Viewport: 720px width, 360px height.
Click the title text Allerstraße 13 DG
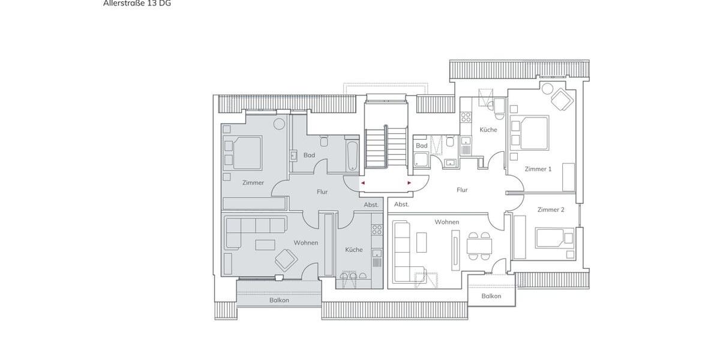coord(137,4)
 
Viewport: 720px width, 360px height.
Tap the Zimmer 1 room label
coord(538,169)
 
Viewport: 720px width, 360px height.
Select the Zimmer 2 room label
coord(550,209)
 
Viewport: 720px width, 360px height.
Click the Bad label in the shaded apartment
coord(309,155)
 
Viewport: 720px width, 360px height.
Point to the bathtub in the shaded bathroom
coord(352,155)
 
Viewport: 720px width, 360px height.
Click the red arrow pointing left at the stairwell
coord(362,182)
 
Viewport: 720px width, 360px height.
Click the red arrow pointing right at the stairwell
coord(409,182)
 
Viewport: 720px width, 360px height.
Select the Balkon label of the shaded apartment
coord(279,300)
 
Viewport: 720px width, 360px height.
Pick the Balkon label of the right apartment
coord(491,296)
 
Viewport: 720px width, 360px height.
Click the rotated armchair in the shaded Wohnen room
coord(286,259)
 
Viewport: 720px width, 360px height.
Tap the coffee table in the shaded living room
coord(265,245)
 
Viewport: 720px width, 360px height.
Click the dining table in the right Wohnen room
coord(479,246)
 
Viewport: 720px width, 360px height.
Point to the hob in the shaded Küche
coord(377,229)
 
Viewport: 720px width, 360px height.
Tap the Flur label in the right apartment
coord(462,190)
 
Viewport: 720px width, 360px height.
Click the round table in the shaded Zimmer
coord(279,124)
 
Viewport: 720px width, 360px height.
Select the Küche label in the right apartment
coord(488,130)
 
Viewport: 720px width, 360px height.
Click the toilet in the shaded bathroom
coord(324,142)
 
